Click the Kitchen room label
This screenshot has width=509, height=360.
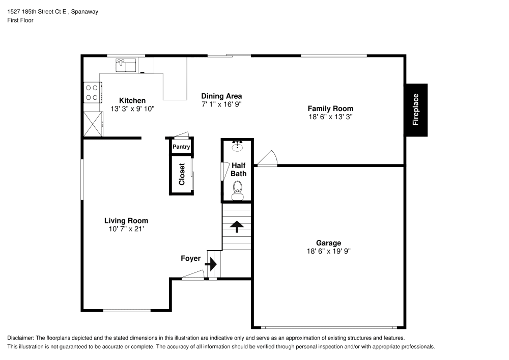tap(132, 101)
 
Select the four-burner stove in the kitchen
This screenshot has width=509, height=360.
tap(92, 92)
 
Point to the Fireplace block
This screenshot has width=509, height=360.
tap(416, 109)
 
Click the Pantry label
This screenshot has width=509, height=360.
tap(181, 147)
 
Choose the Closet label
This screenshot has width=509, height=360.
tap(182, 174)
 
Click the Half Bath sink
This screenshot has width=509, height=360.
tap(238, 147)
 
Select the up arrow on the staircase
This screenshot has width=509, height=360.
tap(237, 226)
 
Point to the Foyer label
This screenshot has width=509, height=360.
tap(191, 259)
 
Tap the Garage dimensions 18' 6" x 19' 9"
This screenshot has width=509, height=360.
tap(328, 251)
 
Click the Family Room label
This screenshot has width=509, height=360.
tap(330, 108)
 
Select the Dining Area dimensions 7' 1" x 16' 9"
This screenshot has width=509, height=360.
tap(221, 104)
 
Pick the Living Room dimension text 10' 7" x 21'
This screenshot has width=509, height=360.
tap(126, 229)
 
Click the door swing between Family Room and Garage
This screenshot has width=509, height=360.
tap(267, 159)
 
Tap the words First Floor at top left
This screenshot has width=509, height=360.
tap(20, 20)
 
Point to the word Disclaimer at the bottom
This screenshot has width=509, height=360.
tap(20, 338)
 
